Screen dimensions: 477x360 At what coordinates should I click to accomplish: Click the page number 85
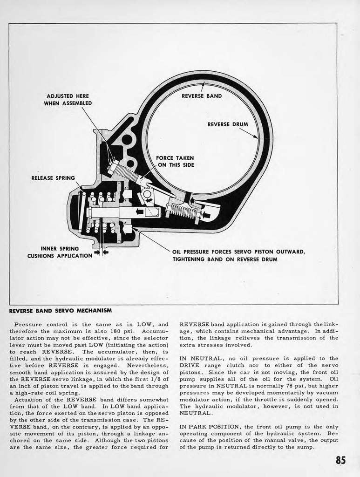point(340,460)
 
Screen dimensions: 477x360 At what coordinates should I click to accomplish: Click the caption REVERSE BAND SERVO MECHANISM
point(60,310)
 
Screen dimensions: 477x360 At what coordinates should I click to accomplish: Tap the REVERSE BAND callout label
point(202,96)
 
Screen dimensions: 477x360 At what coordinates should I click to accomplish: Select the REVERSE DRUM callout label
point(227,124)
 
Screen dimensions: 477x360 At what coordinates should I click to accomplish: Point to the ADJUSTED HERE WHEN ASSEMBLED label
point(68,100)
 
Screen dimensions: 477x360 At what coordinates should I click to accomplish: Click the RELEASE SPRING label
point(53,178)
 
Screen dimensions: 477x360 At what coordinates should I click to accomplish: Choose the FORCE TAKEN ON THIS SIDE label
point(175,161)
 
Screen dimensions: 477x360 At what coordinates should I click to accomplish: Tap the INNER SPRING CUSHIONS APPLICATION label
point(60,252)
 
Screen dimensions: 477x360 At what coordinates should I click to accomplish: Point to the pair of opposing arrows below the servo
point(101,252)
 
